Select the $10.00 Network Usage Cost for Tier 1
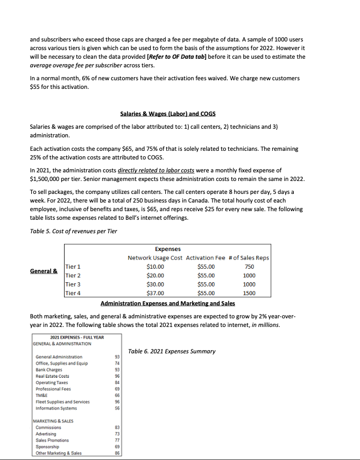[x=156, y=266]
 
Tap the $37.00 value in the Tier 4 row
[x=156, y=294]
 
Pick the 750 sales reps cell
[x=249, y=266]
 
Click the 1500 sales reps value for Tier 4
[x=249, y=294]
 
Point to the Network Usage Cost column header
[x=155, y=257]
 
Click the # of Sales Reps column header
[x=249, y=257]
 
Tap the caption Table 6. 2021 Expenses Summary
[x=172, y=351]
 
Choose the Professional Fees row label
[x=53, y=388]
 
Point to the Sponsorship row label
[x=48, y=447]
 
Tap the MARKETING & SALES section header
[x=54, y=421]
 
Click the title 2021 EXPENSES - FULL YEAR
[x=68, y=337]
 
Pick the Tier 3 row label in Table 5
[x=72, y=284]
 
